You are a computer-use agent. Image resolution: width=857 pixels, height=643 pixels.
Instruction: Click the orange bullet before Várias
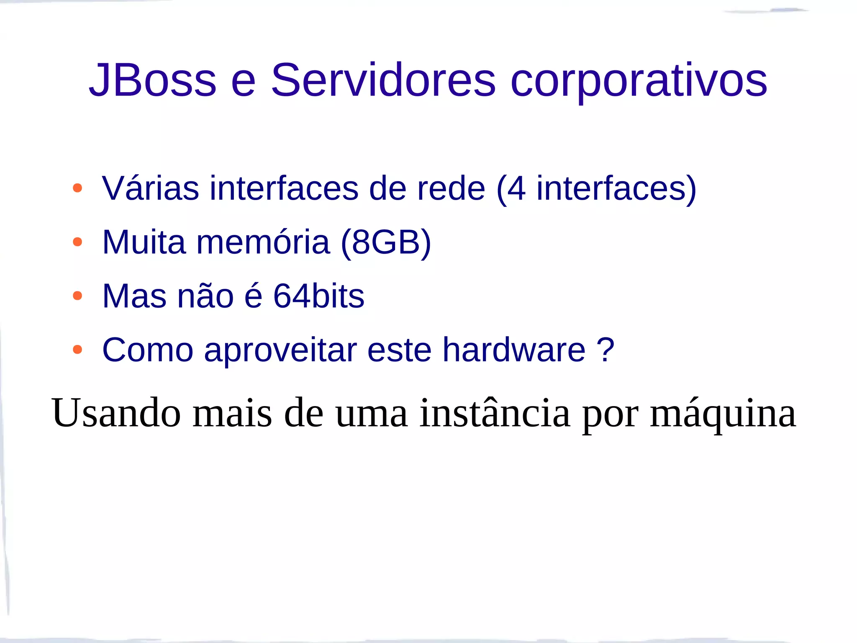(77, 188)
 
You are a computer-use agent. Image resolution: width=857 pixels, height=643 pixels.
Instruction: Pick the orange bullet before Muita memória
(77, 242)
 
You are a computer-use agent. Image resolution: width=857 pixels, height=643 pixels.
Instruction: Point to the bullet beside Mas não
(77, 296)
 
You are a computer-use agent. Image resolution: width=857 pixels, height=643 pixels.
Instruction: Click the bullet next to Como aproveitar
(77, 350)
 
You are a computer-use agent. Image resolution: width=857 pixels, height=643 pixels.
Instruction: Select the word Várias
(150, 188)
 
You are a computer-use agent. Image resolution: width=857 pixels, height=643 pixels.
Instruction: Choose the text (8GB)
(386, 242)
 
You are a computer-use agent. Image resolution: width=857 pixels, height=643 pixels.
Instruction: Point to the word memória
(263, 242)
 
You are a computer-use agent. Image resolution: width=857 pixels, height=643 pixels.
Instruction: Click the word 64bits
(319, 296)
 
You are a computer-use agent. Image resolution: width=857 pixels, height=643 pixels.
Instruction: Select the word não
(205, 296)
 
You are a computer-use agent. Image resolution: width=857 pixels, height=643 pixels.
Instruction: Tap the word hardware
(514, 350)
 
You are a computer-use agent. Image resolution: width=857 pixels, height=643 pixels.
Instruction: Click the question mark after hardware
(605, 350)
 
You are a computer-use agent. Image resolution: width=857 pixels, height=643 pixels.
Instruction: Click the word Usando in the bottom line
(116, 413)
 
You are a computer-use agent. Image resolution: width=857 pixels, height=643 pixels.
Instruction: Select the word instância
(495, 413)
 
